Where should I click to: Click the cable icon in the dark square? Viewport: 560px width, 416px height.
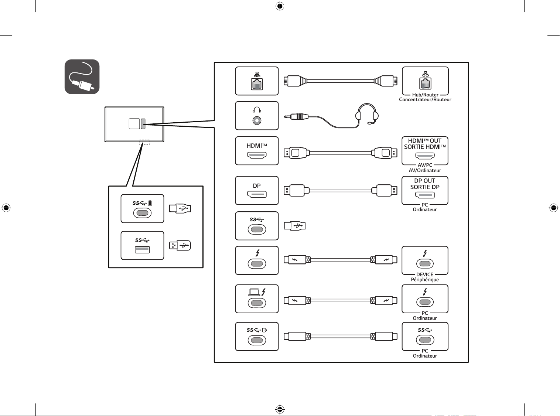(x=82, y=77)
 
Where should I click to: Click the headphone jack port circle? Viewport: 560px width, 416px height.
(x=257, y=121)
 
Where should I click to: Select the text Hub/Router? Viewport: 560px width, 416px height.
(x=425, y=95)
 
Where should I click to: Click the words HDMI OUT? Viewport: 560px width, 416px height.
(x=425, y=141)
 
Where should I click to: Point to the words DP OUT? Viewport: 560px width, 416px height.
(x=425, y=181)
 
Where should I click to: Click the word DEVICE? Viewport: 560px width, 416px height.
(x=425, y=275)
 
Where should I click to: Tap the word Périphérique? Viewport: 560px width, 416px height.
(x=425, y=280)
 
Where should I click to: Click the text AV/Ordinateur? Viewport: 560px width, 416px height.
(x=425, y=170)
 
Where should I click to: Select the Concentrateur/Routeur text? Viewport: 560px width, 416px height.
(x=425, y=99)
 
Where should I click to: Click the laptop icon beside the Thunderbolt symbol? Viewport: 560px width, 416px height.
(x=254, y=292)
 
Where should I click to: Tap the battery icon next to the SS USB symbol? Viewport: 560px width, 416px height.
(x=150, y=203)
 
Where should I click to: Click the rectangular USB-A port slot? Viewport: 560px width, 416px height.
(x=142, y=249)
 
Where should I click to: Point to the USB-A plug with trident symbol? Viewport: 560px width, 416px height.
(x=180, y=246)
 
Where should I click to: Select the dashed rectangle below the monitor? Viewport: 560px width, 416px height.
(x=144, y=142)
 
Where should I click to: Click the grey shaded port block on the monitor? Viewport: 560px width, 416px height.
(x=143, y=124)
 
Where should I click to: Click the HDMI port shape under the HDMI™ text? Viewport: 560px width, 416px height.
(x=257, y=155)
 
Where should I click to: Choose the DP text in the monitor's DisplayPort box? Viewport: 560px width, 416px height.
(x=257, y=186)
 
